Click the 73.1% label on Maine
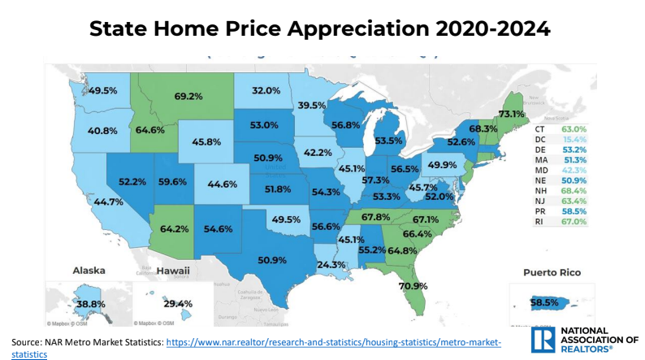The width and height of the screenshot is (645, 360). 510,114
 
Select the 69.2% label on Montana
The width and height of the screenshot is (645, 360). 188,96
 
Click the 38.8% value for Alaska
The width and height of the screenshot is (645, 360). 84,303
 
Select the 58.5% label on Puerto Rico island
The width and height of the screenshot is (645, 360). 544,302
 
